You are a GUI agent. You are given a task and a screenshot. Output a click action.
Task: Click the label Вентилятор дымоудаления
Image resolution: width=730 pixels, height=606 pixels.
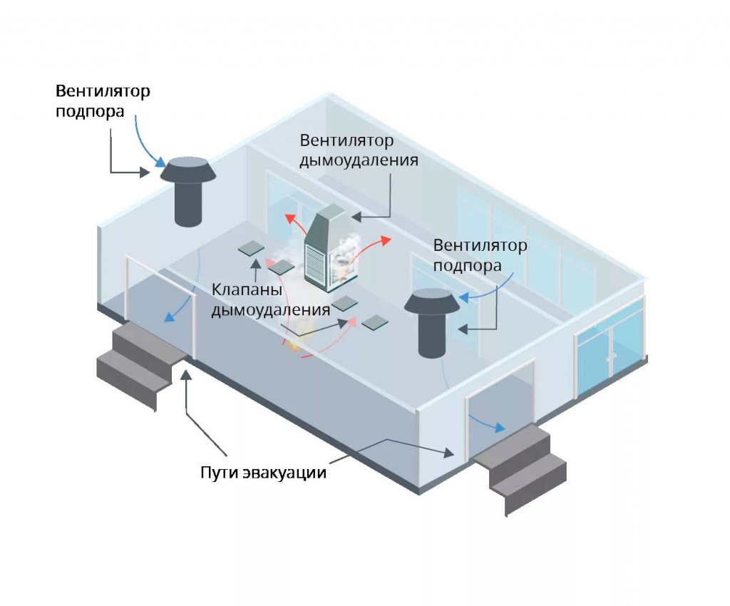358,150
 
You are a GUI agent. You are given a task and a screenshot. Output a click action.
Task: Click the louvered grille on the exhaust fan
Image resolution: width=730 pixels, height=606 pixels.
316,265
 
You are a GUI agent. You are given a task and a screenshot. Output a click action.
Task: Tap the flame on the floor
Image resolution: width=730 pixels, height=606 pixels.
294,347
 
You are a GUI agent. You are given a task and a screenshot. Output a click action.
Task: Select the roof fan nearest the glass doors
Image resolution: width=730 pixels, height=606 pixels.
433,321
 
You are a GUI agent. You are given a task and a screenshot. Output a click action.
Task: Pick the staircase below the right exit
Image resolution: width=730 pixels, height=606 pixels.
520,463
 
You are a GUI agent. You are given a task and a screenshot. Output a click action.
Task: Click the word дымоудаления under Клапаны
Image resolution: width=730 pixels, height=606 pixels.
271,310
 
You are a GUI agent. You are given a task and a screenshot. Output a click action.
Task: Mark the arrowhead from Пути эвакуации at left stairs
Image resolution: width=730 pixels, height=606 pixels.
186,374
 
